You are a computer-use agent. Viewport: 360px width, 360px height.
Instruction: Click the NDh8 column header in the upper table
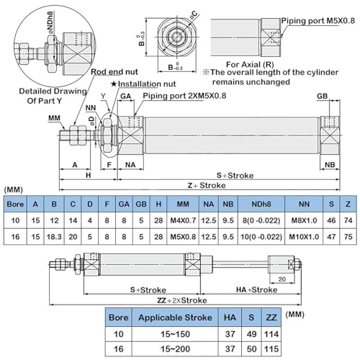261,204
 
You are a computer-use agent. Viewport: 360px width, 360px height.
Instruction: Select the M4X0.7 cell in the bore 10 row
183,220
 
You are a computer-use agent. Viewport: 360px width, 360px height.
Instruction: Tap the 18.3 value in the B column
54,237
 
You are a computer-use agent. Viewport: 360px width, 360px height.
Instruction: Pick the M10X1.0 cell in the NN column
304,237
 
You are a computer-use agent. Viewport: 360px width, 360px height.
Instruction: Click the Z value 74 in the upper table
348,220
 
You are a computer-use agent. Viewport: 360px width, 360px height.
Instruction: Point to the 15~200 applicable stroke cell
175,348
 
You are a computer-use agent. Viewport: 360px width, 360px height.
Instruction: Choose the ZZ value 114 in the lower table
271,334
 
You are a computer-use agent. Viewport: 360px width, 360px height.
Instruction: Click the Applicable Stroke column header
175,318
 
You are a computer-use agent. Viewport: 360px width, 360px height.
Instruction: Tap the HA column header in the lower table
230,318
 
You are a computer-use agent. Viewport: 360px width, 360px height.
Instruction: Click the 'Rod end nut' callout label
114,72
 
